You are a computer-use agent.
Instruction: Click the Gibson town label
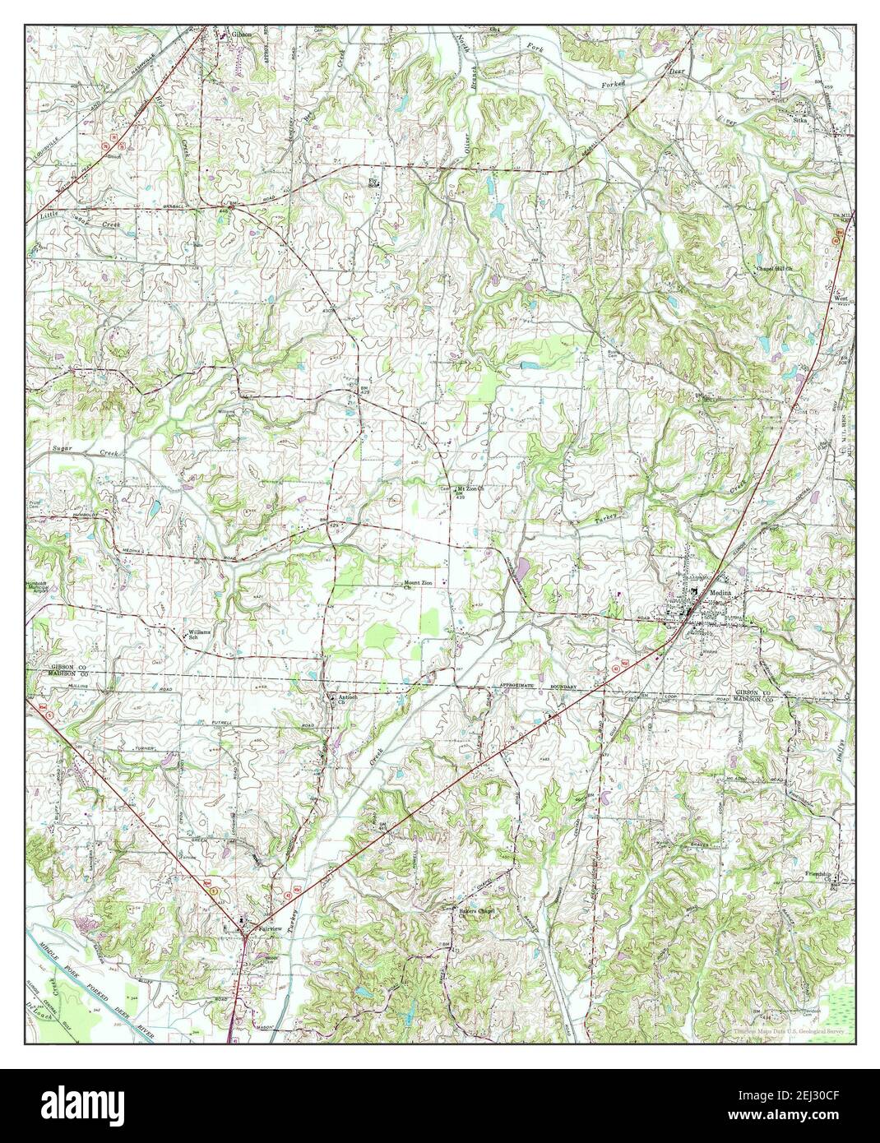240,34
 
